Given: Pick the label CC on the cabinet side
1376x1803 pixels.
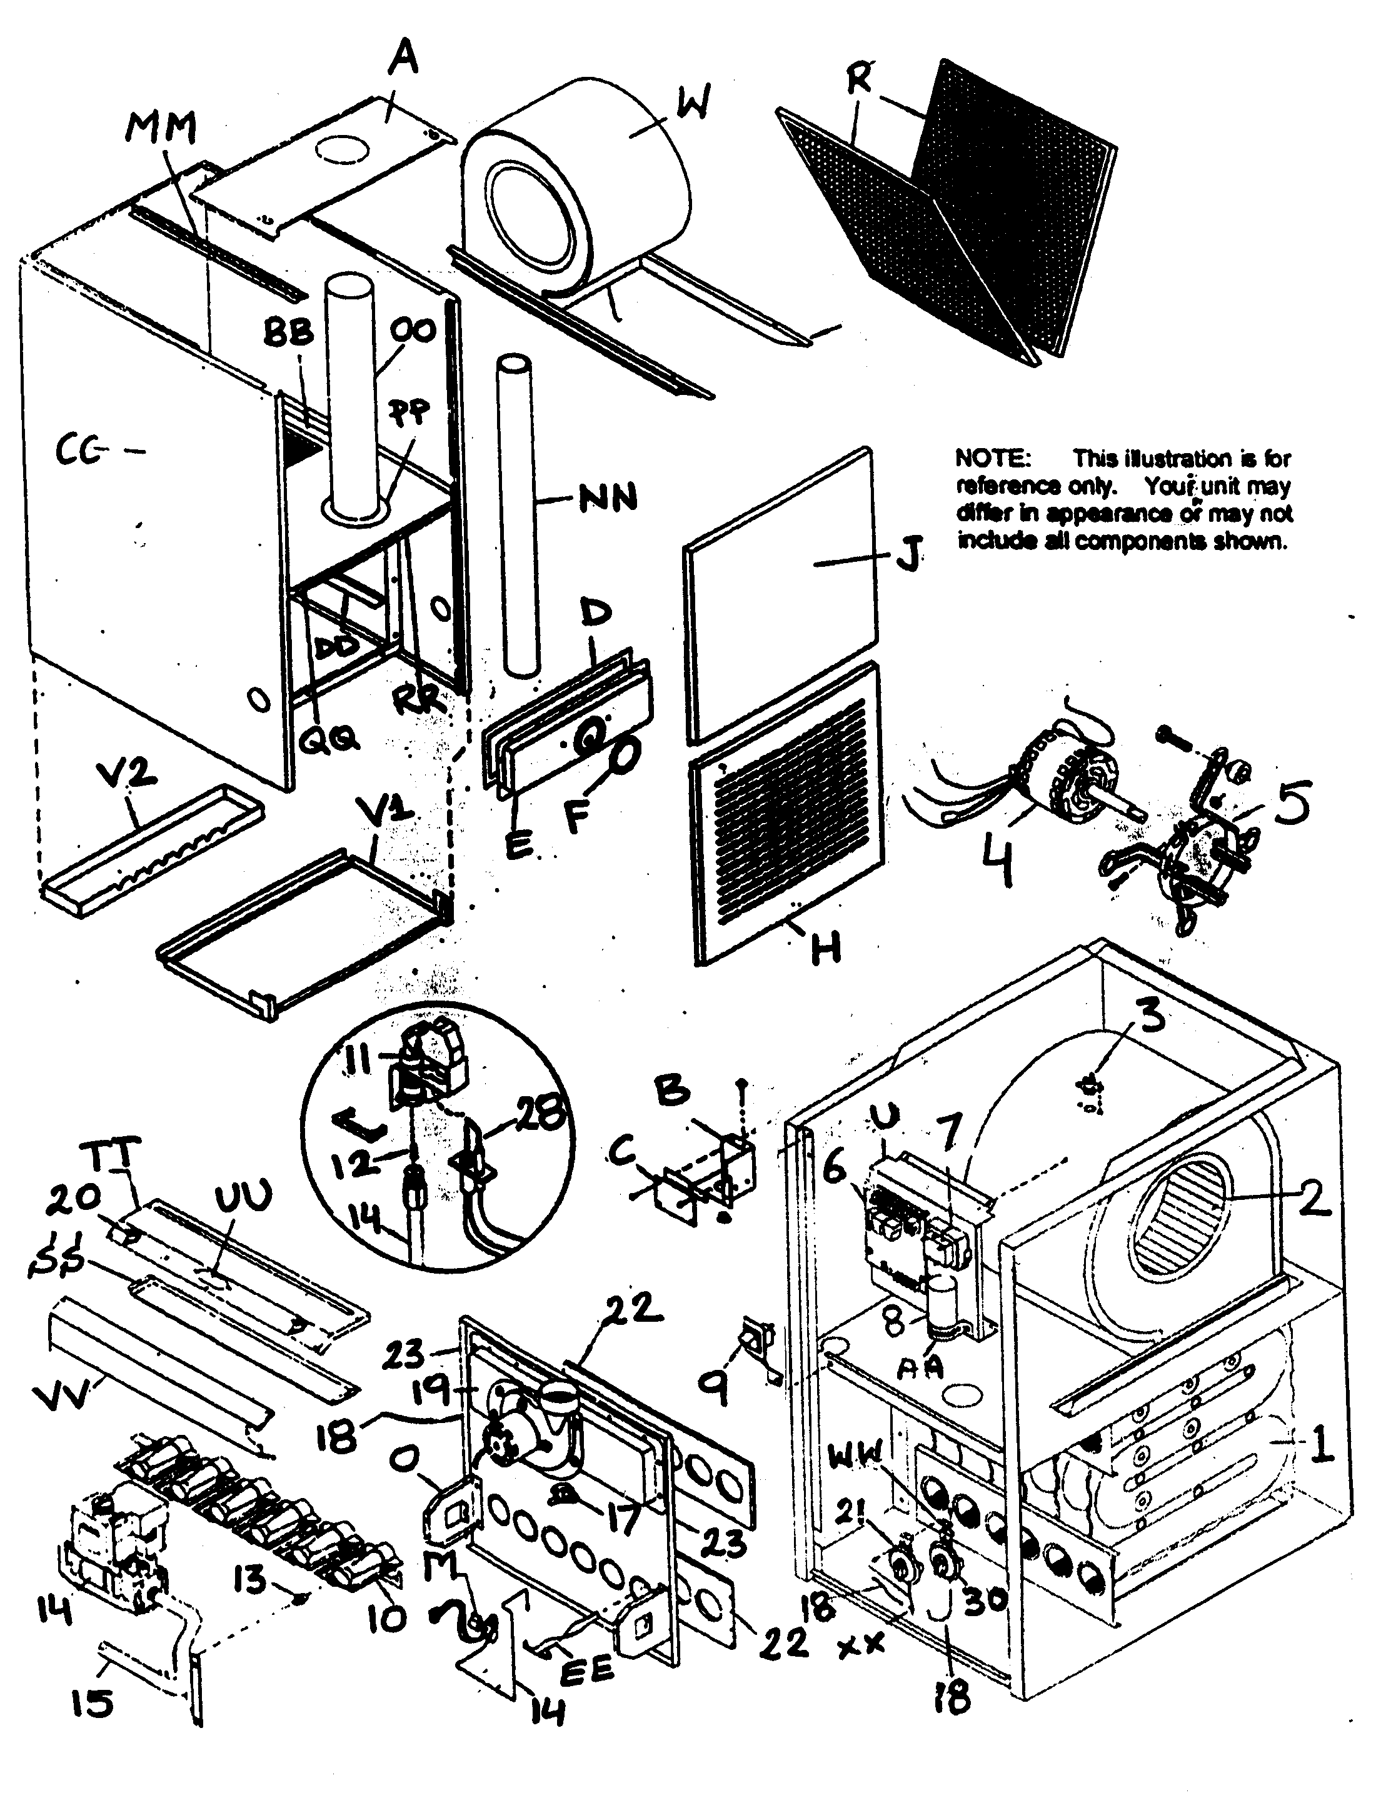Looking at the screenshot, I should point(79,451).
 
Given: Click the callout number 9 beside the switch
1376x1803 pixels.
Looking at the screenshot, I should point(716,1384).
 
